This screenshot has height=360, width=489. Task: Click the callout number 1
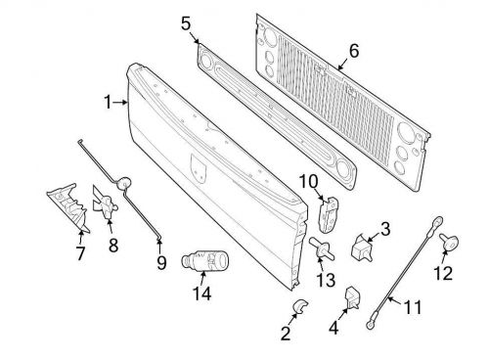(108, 102)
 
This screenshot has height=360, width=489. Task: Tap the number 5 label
(186, 23)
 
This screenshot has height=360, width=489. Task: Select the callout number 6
(354, 51)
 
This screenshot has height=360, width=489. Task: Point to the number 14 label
(202, 293)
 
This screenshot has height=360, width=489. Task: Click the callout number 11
(413, 307)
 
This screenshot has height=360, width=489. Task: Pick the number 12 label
(443, 273)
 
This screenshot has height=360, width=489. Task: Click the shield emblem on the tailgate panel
(199, 167)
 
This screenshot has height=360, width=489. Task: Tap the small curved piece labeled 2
(299, 305)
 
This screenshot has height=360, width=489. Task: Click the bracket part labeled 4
(352, 297)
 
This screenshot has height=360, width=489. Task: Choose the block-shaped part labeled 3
(362, 247)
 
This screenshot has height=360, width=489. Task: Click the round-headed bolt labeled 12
(449, 242)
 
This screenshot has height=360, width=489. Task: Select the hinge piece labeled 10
(328, 214)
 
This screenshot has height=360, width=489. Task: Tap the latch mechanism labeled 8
(105, 202)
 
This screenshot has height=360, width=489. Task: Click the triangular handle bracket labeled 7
(68, 207)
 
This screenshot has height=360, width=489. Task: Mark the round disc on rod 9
(124, 183)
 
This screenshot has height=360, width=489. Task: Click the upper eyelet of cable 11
(437, 221)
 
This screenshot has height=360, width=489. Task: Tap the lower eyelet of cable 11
(371, 324)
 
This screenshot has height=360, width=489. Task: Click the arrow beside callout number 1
(120, 103)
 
